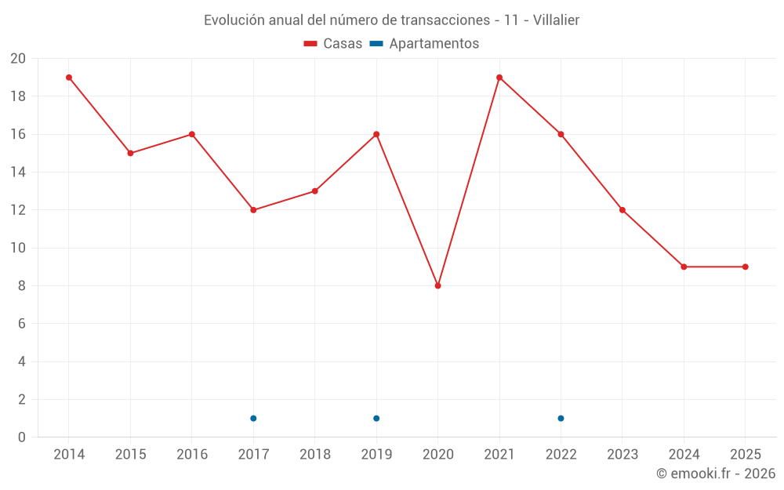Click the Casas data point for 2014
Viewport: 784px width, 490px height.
point(69,78)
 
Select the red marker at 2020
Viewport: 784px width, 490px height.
point(438,285)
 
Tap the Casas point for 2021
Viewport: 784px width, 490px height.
point(499,78)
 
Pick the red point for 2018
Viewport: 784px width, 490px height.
point(315,191)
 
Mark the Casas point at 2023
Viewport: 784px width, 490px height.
point(622,210)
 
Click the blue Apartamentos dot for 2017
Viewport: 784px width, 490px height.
point(253,418)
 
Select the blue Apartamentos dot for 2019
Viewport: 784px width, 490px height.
point(376,418)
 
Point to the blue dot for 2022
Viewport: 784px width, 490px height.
point(561,418)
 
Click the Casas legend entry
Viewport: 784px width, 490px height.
point(333,44)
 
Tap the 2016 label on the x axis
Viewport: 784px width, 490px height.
point(192,454)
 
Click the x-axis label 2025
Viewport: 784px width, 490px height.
point(746,454)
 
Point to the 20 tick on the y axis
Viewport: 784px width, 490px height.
point(18,59)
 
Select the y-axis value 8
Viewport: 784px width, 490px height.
point(22,286)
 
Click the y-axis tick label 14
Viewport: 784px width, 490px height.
point(18,172)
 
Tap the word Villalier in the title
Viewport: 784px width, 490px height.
point(556,20)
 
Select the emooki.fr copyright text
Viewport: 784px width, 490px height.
point(716,474)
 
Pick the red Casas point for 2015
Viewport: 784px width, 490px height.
point(130,153)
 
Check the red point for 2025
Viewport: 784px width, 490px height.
point(746,267)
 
